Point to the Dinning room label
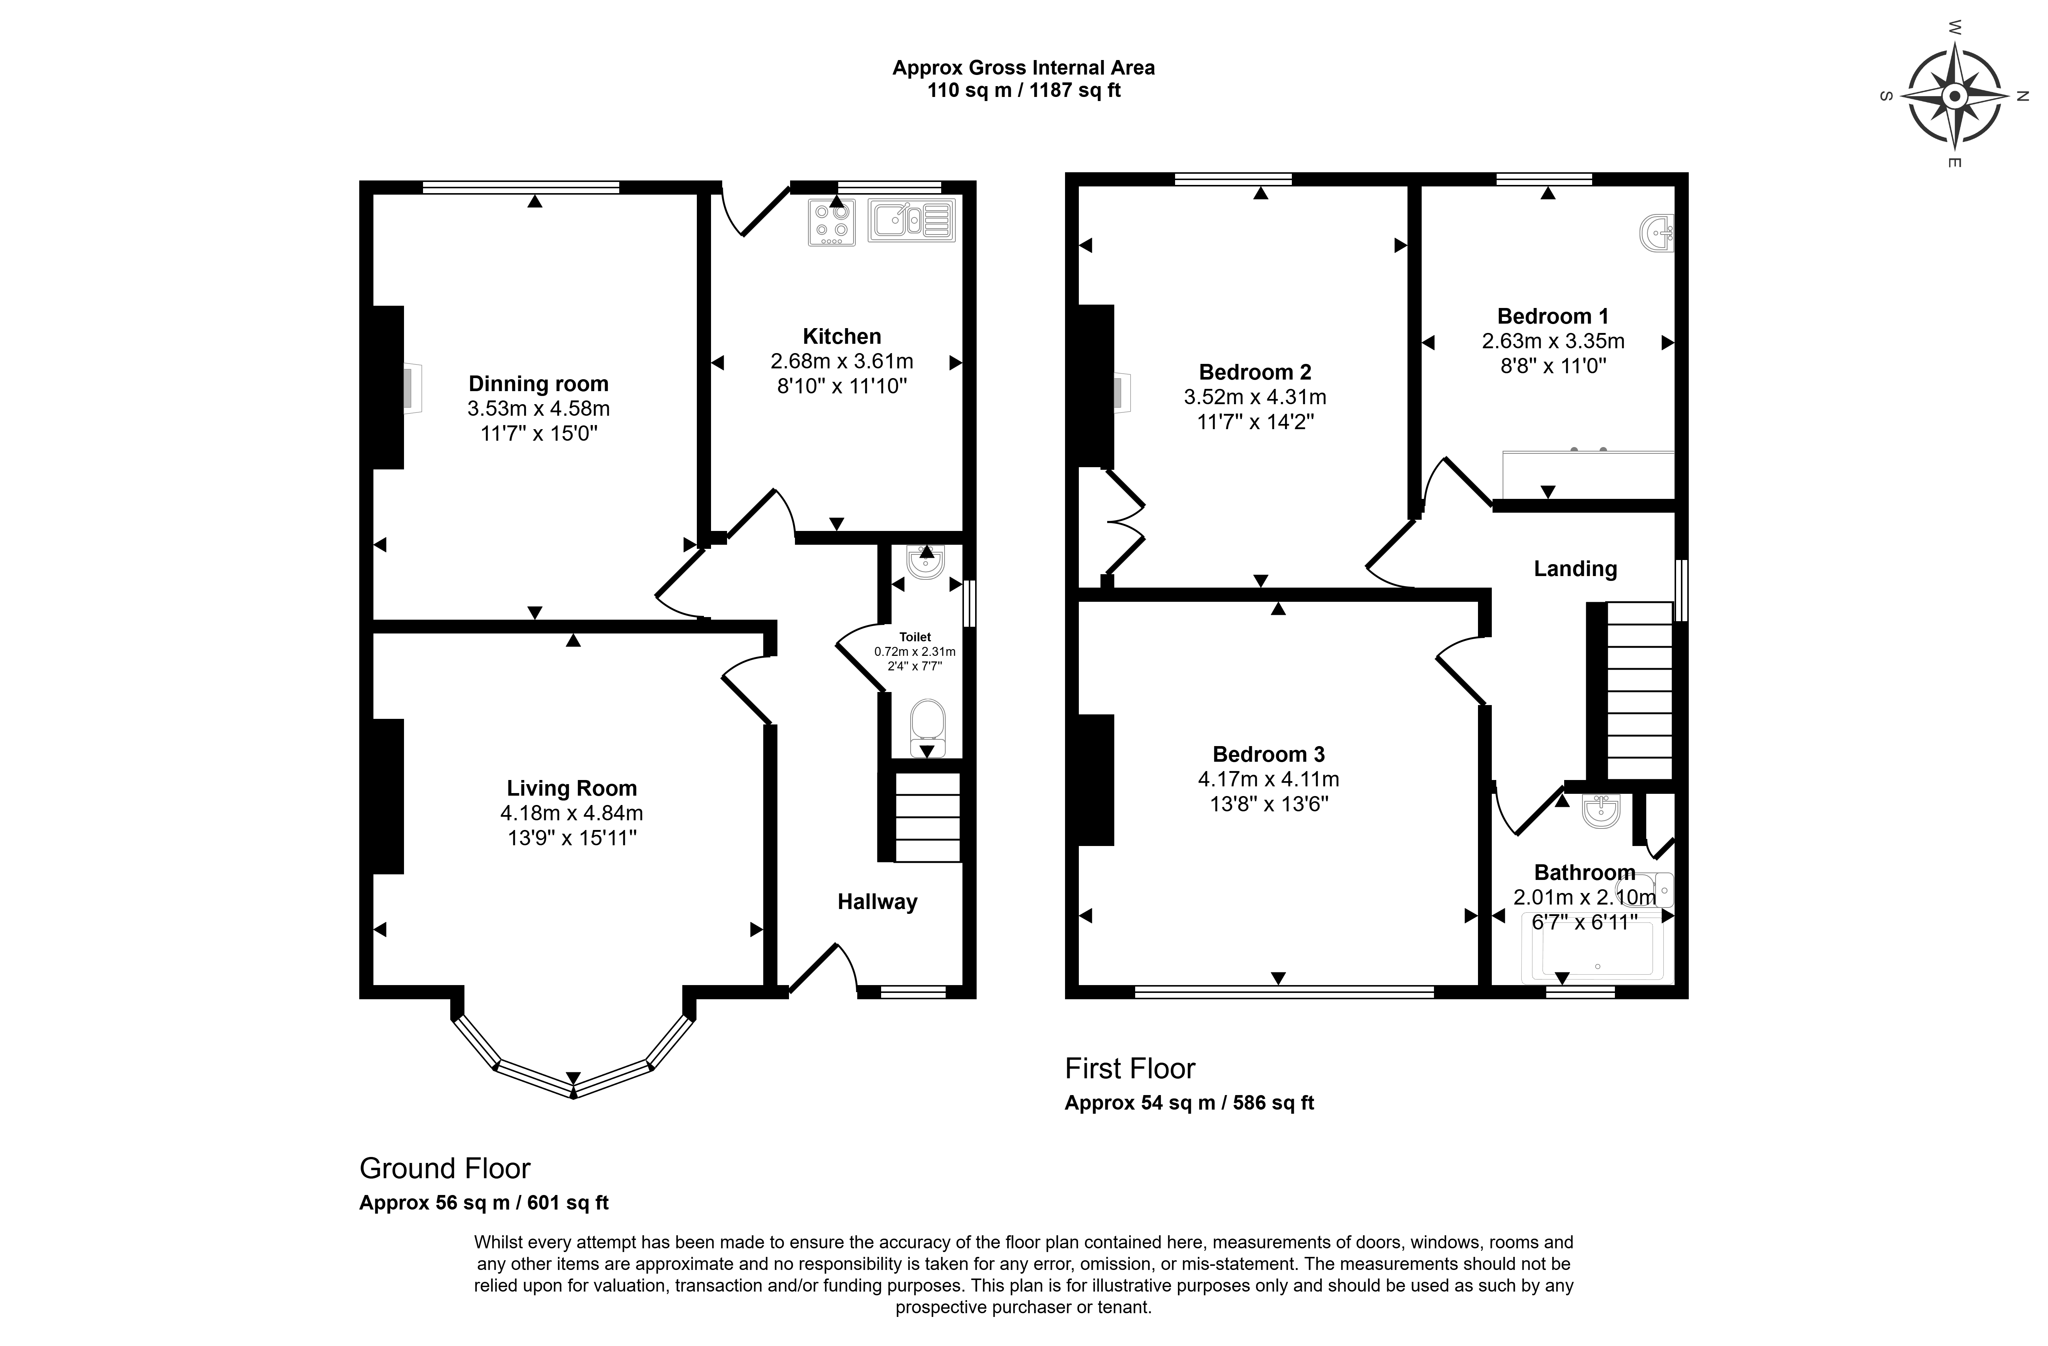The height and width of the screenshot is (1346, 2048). point(538,384)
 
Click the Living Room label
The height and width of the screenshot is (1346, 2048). point(572,788)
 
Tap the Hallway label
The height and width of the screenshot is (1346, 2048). point(877,901)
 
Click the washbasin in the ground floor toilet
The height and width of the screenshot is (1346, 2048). point(925,561)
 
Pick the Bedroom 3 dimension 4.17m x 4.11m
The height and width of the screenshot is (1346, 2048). point(1268,779)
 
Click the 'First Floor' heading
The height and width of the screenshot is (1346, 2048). point(1130,1068)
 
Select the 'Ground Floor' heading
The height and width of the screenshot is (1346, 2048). point(445,1168)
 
